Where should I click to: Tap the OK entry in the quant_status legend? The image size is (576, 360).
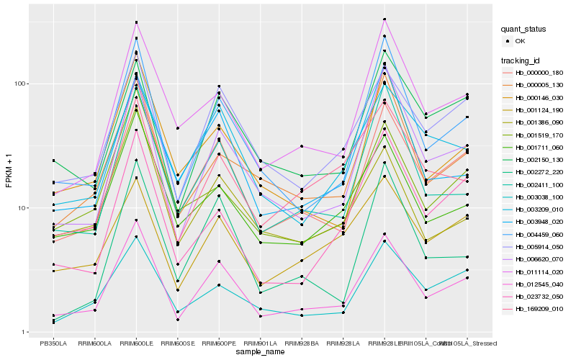520,42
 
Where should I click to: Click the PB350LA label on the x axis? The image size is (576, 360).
53,343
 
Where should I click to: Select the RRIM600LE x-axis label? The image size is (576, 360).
136,343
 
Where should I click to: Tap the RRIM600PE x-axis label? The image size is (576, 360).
219,343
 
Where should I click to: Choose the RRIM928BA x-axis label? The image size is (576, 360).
302,343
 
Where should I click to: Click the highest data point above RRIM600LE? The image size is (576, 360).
136,22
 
